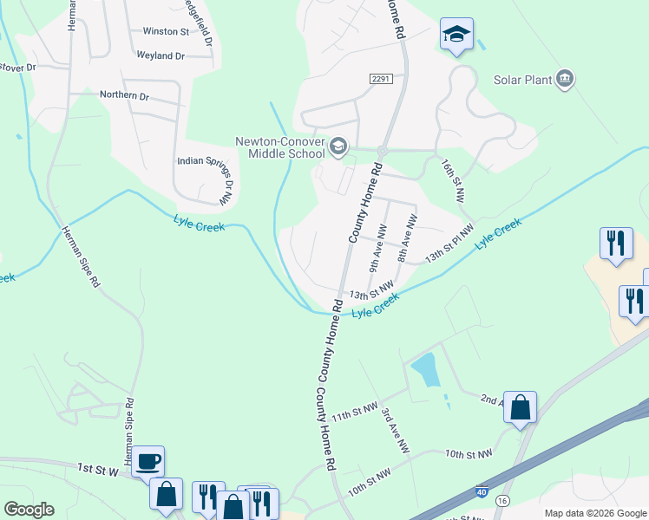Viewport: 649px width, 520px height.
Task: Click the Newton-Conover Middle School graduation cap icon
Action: [338, 146]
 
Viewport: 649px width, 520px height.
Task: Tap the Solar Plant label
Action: [523, 80]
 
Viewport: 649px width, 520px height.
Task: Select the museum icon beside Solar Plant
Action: [565, 80]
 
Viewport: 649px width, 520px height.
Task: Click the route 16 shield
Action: [502, 502]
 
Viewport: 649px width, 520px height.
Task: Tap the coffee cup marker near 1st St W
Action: [148, 459]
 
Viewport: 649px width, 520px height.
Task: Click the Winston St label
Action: [166, 31]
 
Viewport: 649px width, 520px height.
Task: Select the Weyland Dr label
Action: [161, 55]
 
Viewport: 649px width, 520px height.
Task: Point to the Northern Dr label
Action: [125, 94]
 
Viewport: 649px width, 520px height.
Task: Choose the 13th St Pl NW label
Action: [450, 244]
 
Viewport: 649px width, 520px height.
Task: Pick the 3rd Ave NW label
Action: [395, 431]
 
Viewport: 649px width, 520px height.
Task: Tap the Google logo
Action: [29, 510]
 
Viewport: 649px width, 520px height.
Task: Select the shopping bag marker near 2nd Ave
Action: [521, 406]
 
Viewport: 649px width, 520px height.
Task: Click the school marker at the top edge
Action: [456, 35]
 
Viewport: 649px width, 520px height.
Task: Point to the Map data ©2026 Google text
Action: [594, 513]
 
